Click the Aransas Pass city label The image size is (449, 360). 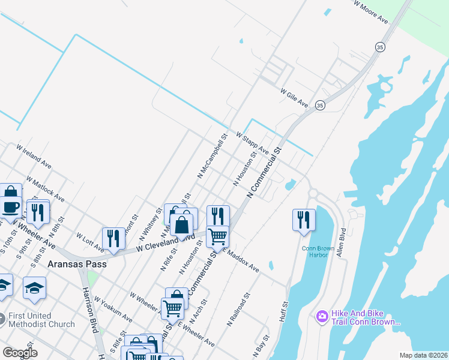click(x=79, y=264)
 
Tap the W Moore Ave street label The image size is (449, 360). click(x=370, y=11)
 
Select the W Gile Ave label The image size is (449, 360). click(x=294, y=98)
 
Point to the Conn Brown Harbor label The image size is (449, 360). click(x=315, y=251)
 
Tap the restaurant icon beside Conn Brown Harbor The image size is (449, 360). click(x=304, y=220)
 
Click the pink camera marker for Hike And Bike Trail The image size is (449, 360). click(x=322, y=316)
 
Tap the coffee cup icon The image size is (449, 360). click(x=11, y=208)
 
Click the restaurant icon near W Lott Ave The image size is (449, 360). click(x=112, y=238)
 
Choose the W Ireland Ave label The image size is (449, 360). click(x=34, y=155)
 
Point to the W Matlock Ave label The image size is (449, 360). click(x=45, y=188)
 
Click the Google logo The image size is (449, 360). click(x=20, y=353)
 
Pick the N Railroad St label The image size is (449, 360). click(x=238, y=311)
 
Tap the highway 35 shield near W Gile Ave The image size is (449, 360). click(x=321, y=104)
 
